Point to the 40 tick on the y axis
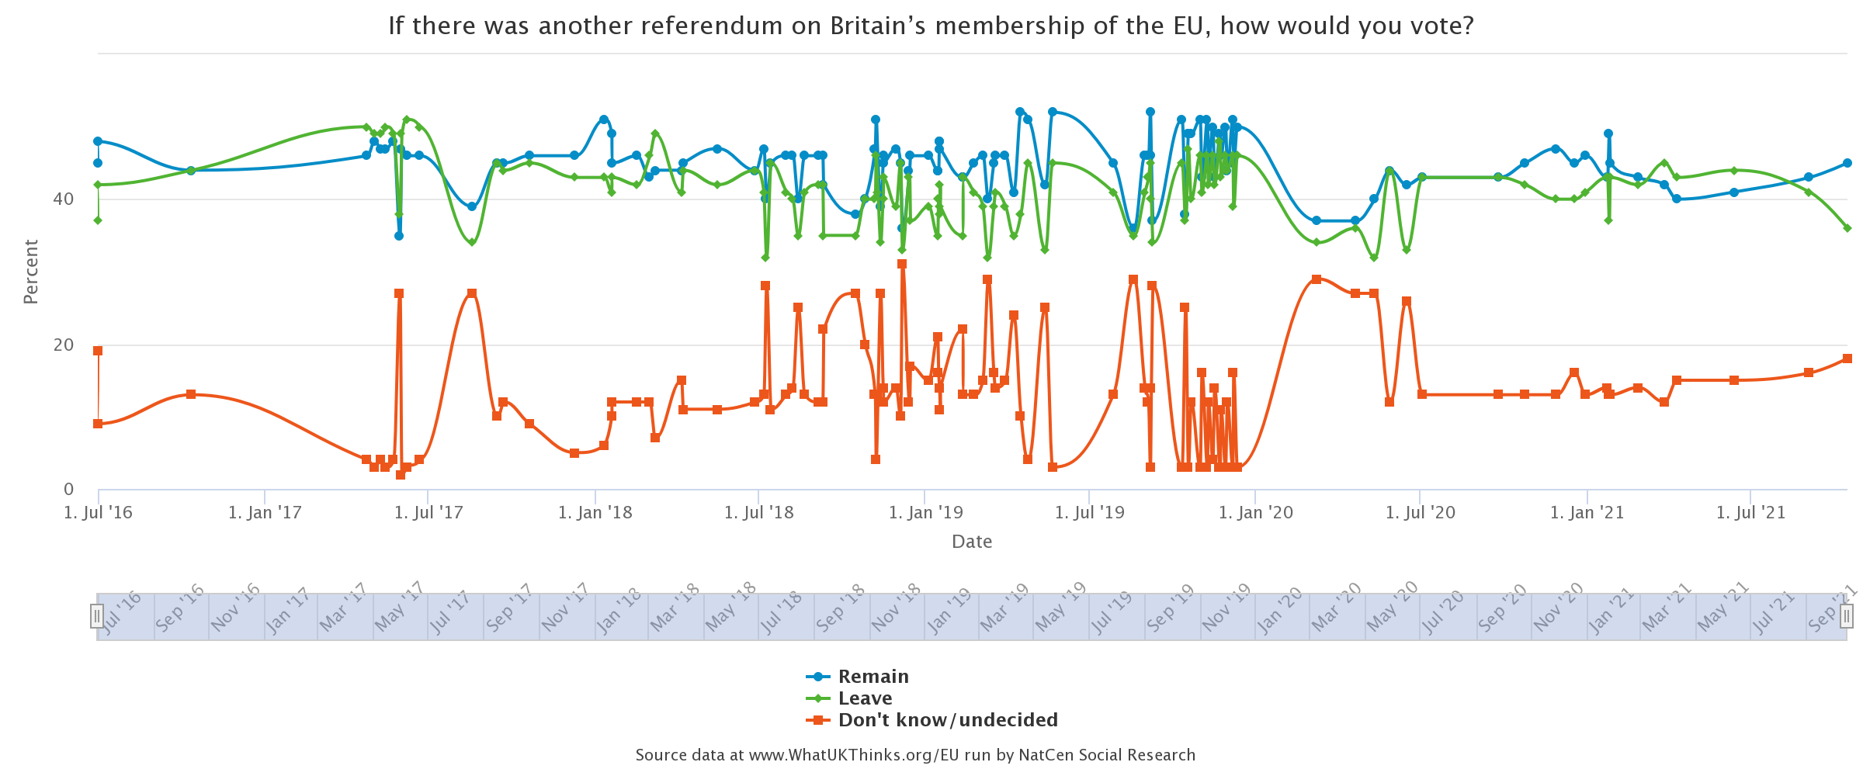tap(64, 199)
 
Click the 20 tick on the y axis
tap(64, 345)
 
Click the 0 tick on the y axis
tap(69, 490)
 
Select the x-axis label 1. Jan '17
tap(265, 513)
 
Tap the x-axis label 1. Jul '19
tap(1089, 513)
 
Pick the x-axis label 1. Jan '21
tap(1587, 513)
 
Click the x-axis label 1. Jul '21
tap(1750, 513)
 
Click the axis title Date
tap(972, 542)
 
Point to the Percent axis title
tap(31, 272)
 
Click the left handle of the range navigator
tap(97, 616)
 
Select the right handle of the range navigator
tap(1847, 616)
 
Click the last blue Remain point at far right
tap(1847, 163)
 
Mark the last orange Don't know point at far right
tap(1847, 359)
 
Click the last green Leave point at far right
tap(1847, 228)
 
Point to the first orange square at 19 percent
tap(98, 351)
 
